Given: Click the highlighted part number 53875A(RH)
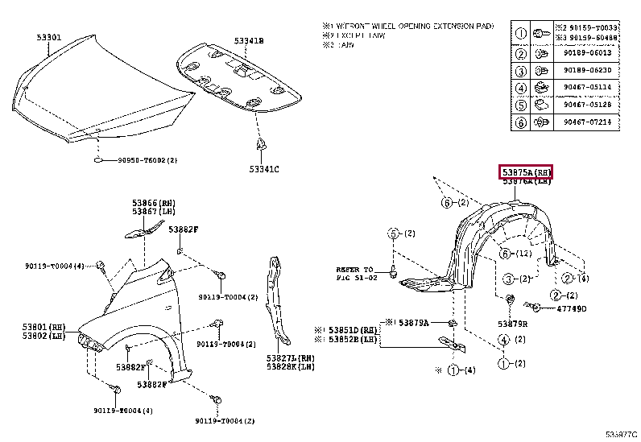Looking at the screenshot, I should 526,171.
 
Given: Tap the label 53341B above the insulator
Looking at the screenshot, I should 250,40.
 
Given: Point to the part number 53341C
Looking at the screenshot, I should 263,169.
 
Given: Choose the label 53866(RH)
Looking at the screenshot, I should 154,203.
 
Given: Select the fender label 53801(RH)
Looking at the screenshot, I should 43,325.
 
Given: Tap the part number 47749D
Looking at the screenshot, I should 571,308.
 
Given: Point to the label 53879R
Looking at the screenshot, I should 511,324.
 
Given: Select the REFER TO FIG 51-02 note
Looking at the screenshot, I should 355,274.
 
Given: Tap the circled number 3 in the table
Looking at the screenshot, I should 520,71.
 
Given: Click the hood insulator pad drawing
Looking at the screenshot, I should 238,79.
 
